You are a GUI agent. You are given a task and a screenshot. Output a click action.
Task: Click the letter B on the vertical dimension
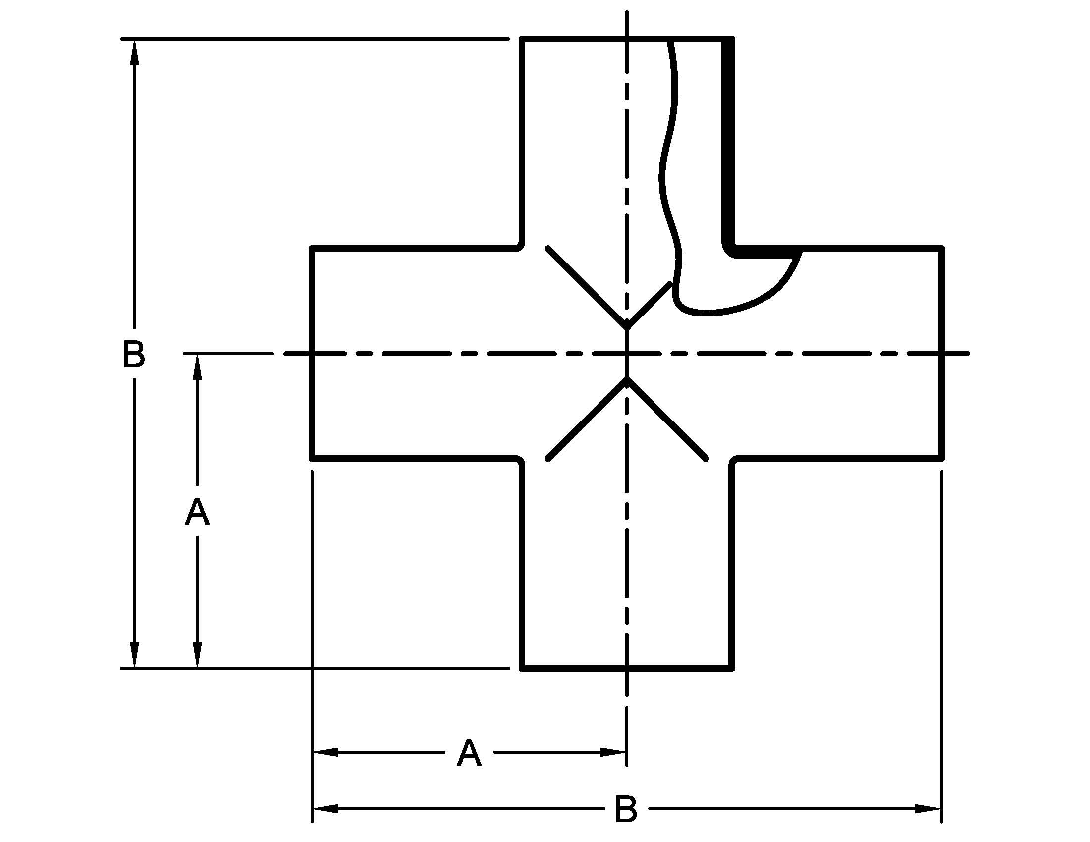pos(134,354)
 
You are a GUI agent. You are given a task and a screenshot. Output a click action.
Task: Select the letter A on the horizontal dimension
pos(469,753)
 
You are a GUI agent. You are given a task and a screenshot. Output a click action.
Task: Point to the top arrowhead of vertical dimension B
pos(134,52)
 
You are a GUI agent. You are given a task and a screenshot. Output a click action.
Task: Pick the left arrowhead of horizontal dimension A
pos(326,752)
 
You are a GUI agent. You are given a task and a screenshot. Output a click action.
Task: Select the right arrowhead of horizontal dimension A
pos(613,752)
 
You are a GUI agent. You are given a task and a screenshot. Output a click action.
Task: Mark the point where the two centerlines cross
pos(627,353)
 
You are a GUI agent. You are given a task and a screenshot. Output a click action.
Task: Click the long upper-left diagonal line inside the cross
pos(587,287)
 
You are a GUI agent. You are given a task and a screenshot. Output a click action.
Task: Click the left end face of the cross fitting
pos(312,353)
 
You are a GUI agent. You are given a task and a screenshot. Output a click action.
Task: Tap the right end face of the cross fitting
pos(942,353)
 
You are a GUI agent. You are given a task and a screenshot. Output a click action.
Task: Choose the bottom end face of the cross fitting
pos(627,668)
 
